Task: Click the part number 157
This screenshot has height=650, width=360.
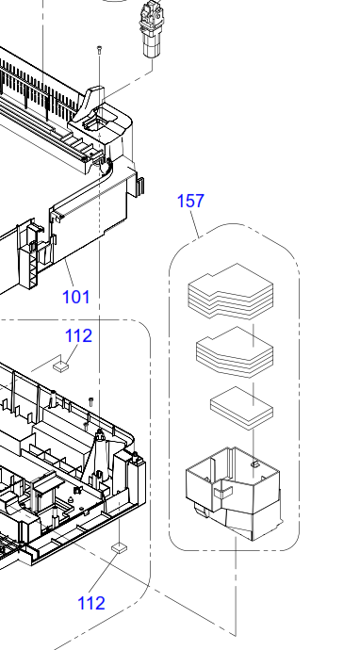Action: pyautogui.click(x=190, y=201)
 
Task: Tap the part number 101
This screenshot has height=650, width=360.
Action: pyautogui.click(x=76, y=297)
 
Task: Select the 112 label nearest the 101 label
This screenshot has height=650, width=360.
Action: pyautogui.click(x=79, y=335)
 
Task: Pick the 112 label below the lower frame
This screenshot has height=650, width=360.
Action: pyautogui.click(x=91, y=603)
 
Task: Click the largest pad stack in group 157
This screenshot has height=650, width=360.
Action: pyautogui.click(x=231, y=291)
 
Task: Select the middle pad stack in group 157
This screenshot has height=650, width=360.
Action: pyautogui.click(x=235, y=352)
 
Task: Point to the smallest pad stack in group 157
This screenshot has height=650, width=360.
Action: pyautogui.click(x=242, y=408)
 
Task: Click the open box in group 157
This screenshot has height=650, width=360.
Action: pyautogui.click(x=235, y=494)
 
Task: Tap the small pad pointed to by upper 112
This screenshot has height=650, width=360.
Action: pyautogui.click(x=61, y=366)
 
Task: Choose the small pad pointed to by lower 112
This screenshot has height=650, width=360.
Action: pyautogui.click(x=120, y=548)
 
